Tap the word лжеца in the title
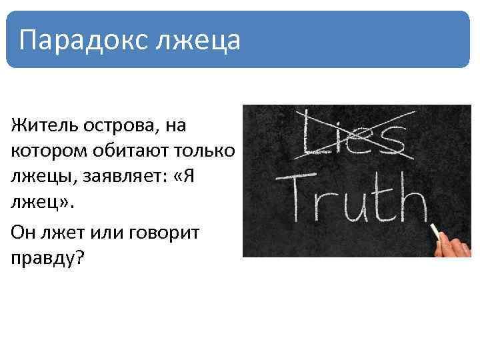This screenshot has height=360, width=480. point(197,40)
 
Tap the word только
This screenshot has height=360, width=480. point(205,150)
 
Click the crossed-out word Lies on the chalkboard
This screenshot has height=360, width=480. point(353,137)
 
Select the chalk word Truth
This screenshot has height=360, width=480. point(352,197)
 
